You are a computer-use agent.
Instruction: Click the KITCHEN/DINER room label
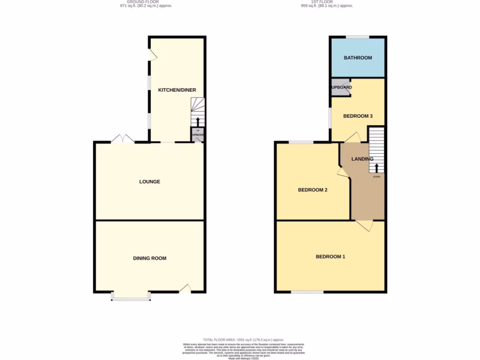pos(177,90)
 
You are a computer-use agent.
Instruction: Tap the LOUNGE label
pos(150,181)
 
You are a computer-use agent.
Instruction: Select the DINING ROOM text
pos(150,258)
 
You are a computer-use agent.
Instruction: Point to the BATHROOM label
pos(358,58)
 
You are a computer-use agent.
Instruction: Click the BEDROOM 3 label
pos(358,116)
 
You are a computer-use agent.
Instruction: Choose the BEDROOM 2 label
pos(313,190)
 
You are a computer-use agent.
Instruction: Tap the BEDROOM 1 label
pos(330,256)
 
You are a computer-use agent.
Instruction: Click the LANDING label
pos(362,159)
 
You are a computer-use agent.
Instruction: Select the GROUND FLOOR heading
pos(142,2)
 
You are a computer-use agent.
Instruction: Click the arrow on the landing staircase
pos(377,168)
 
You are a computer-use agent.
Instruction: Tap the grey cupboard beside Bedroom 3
pos(341,88)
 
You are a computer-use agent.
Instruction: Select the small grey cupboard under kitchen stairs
pos(197,135)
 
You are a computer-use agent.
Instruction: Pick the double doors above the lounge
pos(122,139)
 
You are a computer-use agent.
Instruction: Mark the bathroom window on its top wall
pos(358,37)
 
